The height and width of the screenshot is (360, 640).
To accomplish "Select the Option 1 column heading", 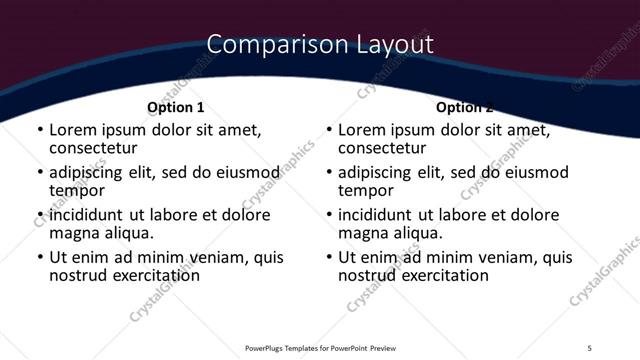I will point(176,107).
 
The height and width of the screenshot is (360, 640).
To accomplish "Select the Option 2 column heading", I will point(465,107).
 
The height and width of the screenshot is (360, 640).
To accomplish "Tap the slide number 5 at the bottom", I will point(590,347).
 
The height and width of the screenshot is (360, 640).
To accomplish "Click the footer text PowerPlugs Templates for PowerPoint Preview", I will point(321,347).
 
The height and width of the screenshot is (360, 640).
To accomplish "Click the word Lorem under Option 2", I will point(361,130).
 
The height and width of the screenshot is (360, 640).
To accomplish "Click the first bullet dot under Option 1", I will point(40,131).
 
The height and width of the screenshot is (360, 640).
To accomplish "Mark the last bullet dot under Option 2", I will point(329,258).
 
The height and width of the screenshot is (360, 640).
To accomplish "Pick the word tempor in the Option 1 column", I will point(77,190).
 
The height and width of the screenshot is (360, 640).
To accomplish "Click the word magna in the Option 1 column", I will point(73,233).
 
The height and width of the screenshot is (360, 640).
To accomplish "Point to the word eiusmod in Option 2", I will point(534,173).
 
